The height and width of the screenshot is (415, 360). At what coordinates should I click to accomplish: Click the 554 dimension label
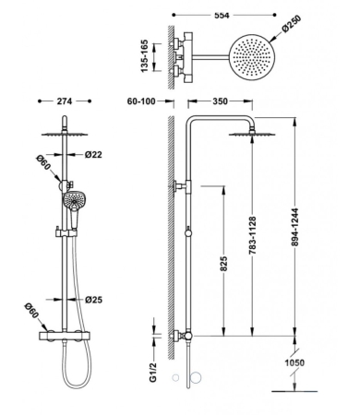222,15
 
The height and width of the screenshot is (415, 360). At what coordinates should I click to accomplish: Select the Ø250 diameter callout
292,23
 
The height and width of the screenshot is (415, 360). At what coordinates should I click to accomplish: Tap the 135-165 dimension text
145,56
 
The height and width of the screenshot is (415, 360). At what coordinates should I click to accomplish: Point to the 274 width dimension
65,101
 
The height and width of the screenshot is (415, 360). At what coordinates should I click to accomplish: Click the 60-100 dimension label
141,101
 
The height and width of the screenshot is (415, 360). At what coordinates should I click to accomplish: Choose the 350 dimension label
221,101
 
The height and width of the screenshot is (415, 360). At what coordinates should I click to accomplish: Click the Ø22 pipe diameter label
93,155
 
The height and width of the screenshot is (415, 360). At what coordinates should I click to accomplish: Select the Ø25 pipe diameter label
94,300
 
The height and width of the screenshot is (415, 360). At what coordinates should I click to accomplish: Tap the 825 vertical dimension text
223,264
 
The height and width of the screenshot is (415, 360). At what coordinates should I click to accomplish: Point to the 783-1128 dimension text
252,235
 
